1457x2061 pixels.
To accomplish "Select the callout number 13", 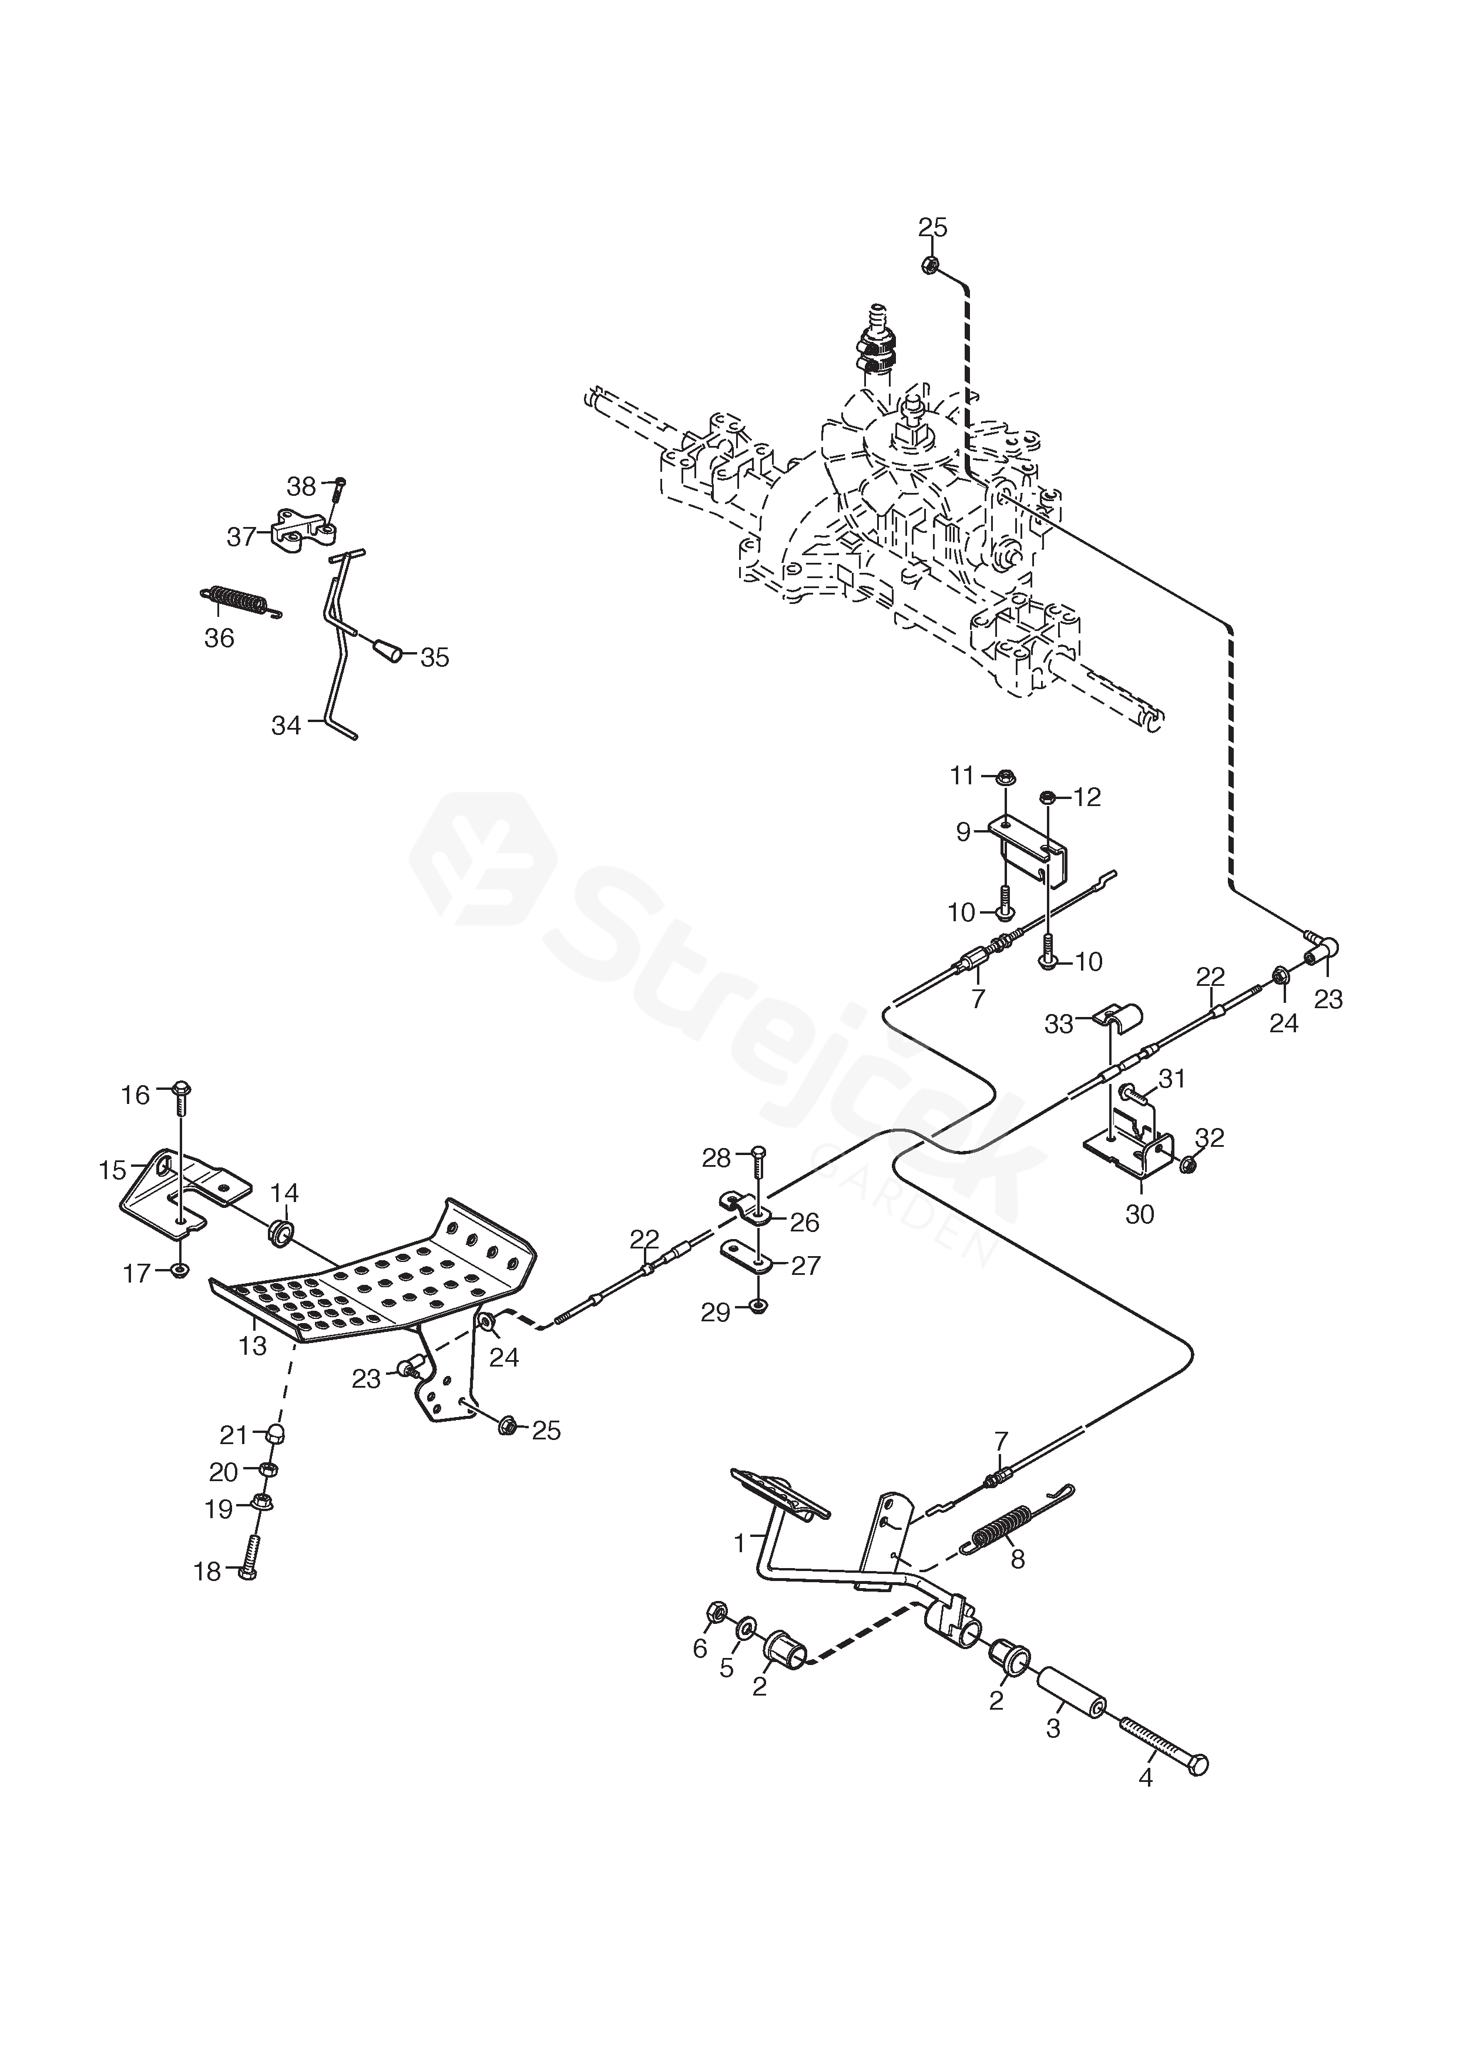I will (x=253, y=1347).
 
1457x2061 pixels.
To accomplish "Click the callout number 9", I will (x=963, y=832).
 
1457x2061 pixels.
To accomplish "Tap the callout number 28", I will (x=716, y=1159).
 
